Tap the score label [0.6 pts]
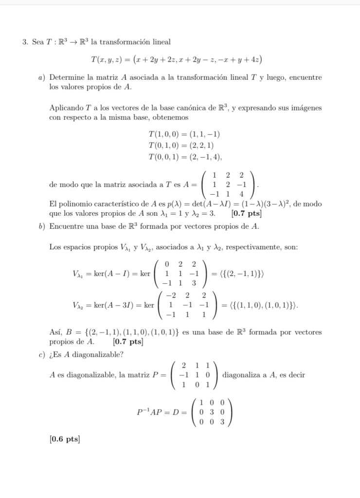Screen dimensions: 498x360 pos(65,439)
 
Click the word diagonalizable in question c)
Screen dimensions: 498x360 pos(100,355)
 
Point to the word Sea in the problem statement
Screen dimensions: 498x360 pos(37,42)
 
